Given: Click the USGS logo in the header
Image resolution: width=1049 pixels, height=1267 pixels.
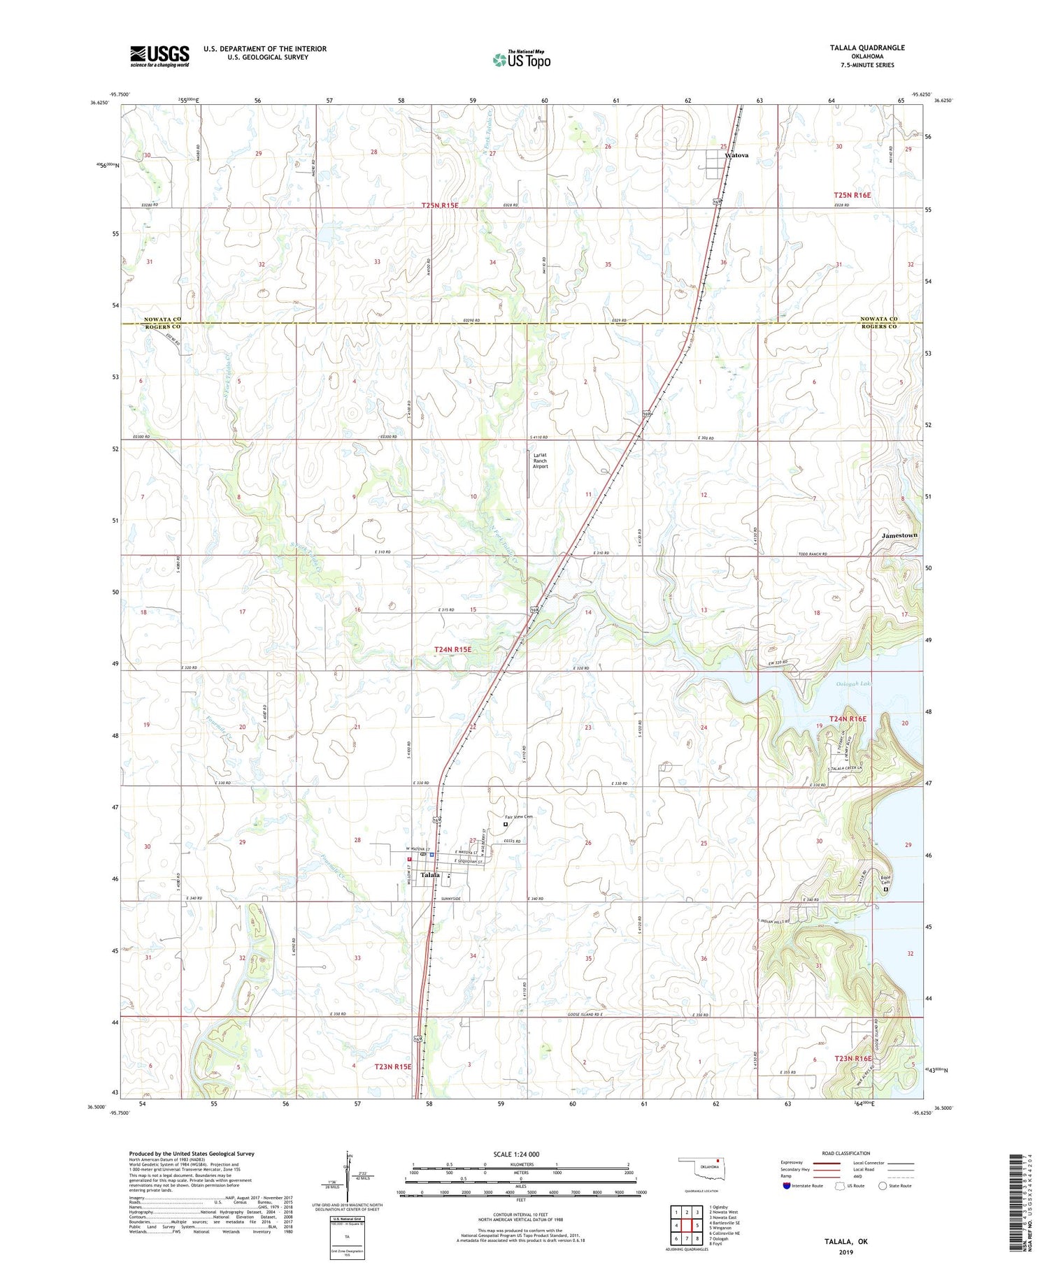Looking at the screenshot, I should point(159,55).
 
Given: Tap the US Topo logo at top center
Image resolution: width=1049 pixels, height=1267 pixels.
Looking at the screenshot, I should point(521,59).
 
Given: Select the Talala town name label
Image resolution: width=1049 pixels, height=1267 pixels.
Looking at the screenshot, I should point(429,875).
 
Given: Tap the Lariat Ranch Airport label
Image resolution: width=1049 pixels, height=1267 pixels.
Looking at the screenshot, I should point(540,461).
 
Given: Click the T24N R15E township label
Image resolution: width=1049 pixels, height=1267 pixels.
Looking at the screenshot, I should point(453,649).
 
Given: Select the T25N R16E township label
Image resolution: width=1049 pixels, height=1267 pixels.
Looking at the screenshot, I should point(852,195).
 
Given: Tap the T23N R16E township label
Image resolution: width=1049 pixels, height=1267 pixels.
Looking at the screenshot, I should point(852,1058).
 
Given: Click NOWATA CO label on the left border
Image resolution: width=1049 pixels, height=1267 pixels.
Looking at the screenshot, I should point(162,319).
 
